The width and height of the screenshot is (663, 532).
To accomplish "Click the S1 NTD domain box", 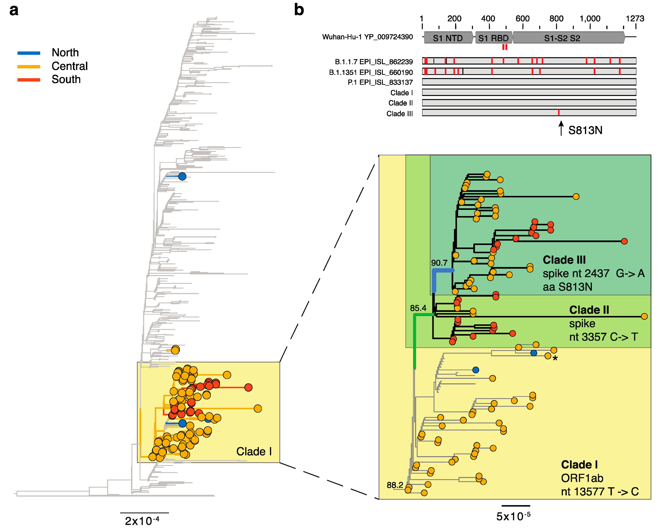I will pos(448,38).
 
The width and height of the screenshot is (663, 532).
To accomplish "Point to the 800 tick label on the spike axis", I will pos(556,18).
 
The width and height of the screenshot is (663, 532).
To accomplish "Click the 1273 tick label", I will pos(635,18).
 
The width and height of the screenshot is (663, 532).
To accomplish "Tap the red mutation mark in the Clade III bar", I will pos(558,112).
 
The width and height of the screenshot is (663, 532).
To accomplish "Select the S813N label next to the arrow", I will pos(585,130).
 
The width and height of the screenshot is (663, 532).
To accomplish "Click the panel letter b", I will pos(299,10).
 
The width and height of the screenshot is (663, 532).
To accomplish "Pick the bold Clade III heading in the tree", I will pos(564,260).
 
